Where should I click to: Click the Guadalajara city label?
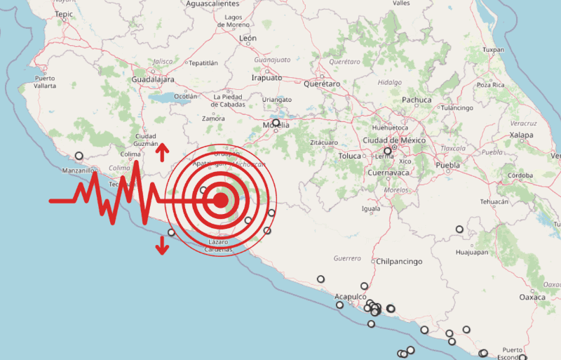coord(152,80)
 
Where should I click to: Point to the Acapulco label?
coord(351,296)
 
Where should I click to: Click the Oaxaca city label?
coord(532,297)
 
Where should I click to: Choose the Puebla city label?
coord(447,166)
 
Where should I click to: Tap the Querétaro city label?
coord(322,84)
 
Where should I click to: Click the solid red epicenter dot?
coord(220,201)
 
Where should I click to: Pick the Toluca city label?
coord(349,155)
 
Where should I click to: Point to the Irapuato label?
coord(266,78)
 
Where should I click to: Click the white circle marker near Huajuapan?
coord(459,229)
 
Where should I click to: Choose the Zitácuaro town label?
coord(323,142)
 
